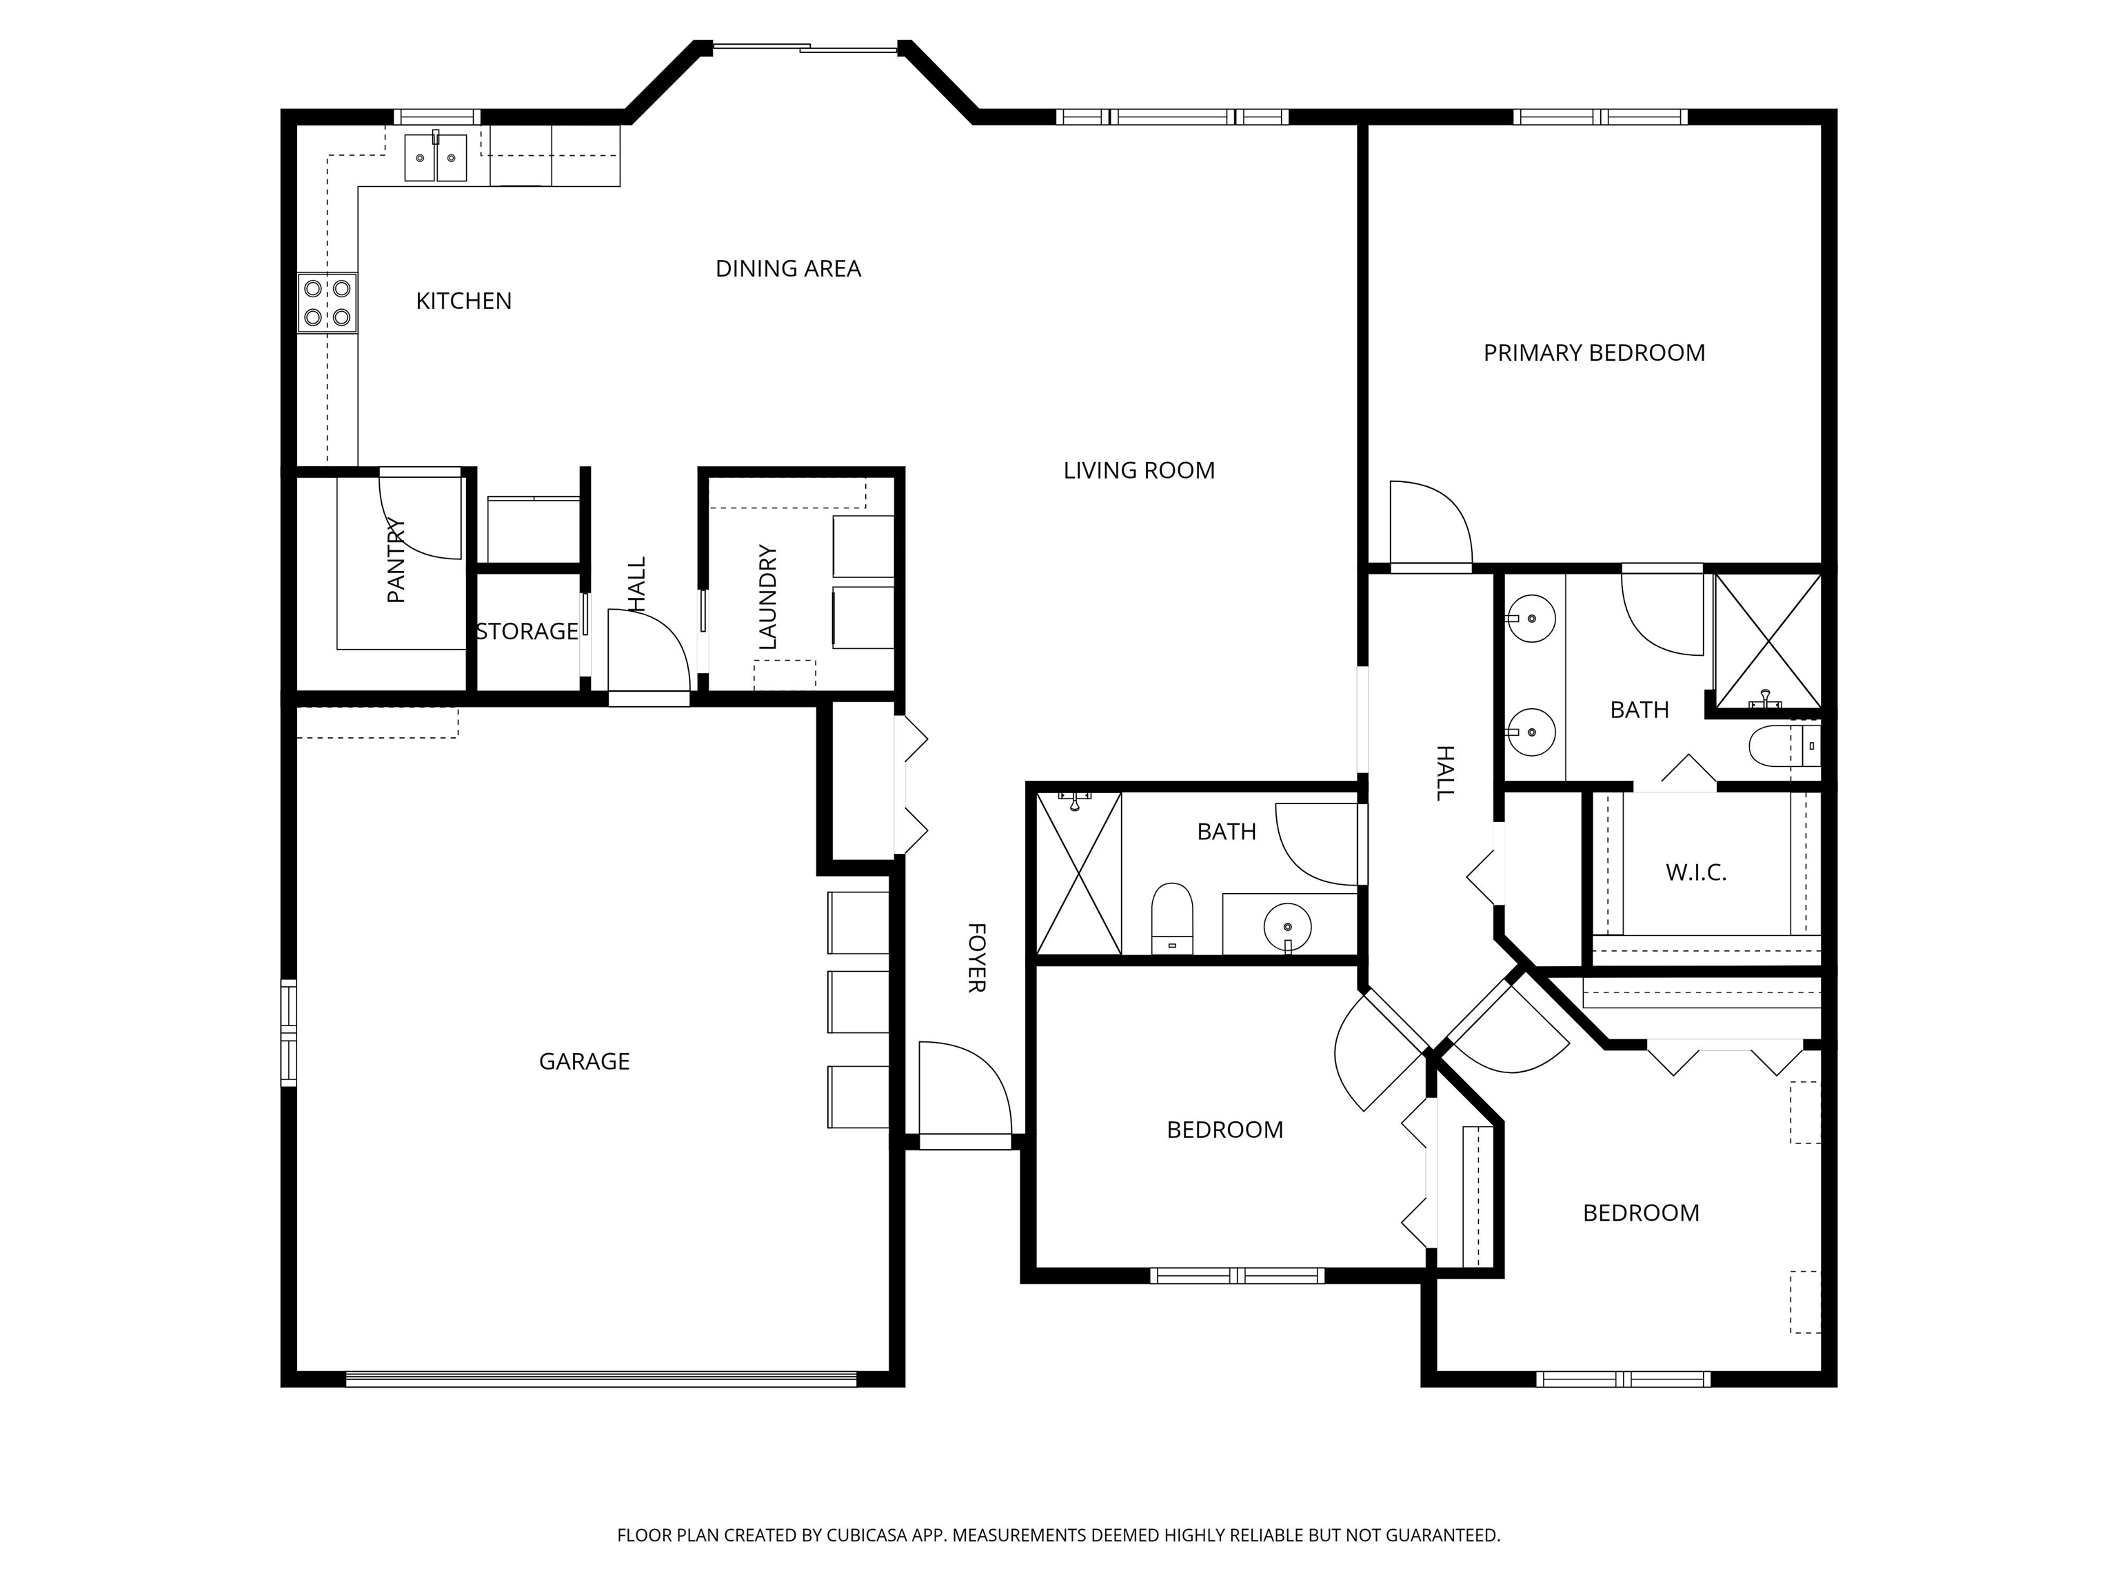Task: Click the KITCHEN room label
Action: coord(463,301)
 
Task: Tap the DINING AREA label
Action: coord(788,268)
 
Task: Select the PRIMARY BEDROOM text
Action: coord(1594,352)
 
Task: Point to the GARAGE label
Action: coord(584,1061)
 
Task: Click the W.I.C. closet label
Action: coord(1696,872)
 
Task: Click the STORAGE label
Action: coord(527,631)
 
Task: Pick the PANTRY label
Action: coord(396,560)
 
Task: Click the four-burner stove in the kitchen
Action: coord(327,303)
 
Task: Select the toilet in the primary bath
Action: coord(1784,747)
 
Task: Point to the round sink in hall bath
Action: coord(1288,927)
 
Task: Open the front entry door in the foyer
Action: coord(965,1092)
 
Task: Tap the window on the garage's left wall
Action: coord(288,1032)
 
